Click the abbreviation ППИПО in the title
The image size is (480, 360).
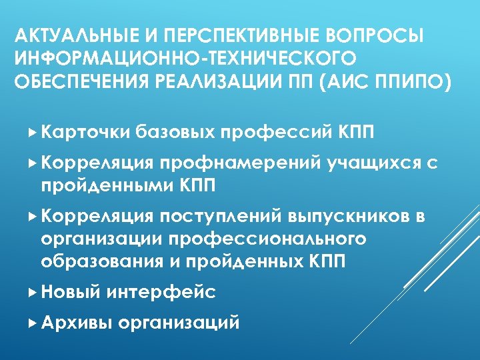(x=412, y=82)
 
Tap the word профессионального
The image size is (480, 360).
(x=267, y=239)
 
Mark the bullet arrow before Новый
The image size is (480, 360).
(x=35, y=291)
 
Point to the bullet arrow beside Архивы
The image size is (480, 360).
(x=35, y=323)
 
